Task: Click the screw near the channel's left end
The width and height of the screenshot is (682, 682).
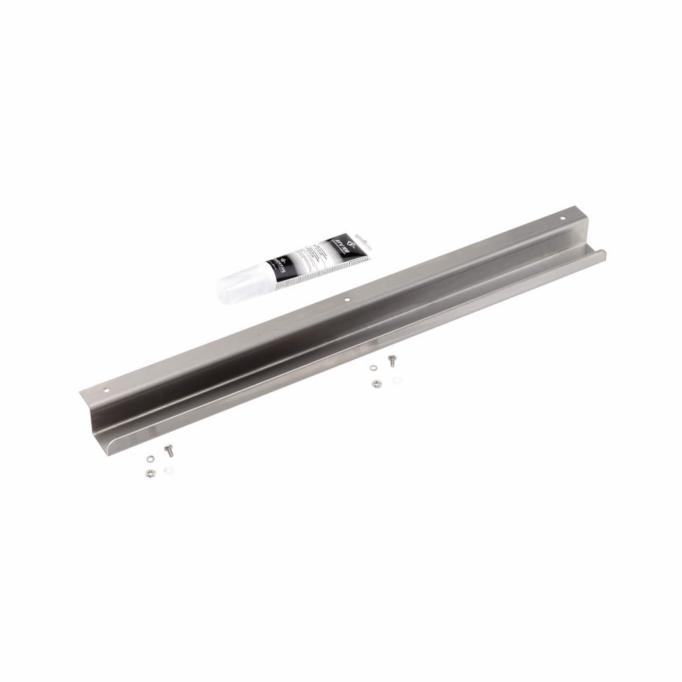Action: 169,449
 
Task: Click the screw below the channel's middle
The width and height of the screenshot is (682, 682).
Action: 392,360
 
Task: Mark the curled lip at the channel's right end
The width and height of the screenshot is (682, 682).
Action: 600,254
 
